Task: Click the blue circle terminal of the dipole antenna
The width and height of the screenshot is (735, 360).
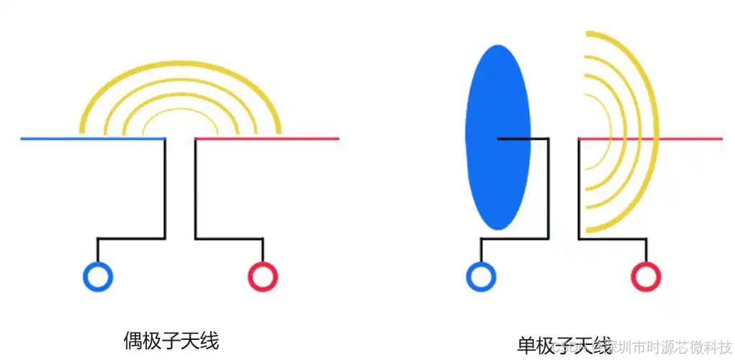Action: pos(98,276)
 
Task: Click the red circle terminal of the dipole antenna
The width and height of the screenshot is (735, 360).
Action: pos(263,276)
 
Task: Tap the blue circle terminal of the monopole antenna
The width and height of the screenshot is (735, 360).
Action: pos(481,276)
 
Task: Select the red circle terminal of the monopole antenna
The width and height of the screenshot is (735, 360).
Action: pos(646,276)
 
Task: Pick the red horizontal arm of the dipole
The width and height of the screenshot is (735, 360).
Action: pos(288,138)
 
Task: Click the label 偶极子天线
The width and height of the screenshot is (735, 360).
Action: pos(171,339)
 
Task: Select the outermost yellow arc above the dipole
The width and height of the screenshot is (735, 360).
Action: pos(180,64)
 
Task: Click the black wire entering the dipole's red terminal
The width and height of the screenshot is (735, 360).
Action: pos(263,250)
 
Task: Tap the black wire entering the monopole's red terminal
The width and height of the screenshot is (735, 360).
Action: pos(646,250)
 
